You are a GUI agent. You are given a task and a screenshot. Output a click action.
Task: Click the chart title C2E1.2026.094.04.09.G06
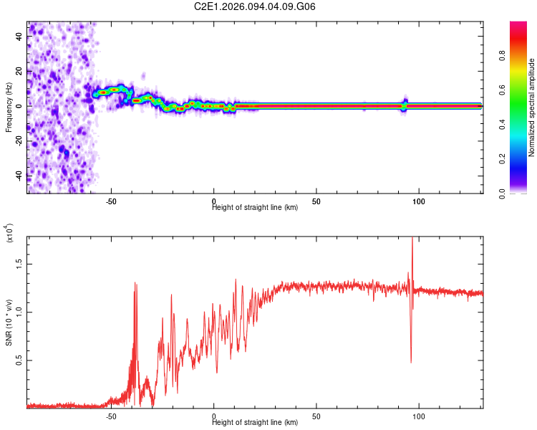(255, 6)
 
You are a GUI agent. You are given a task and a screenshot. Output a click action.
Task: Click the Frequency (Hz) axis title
(9, 107)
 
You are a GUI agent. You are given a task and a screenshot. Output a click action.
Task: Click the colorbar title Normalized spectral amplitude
(532, 107)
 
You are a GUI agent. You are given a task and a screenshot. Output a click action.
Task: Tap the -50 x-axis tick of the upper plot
(111, 202)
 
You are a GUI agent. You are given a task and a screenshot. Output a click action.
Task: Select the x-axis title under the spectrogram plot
(255, 208)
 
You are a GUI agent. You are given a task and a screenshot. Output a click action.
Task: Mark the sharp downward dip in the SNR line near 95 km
(411, 362)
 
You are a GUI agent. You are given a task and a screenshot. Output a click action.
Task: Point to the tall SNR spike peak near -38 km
(135, 282)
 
